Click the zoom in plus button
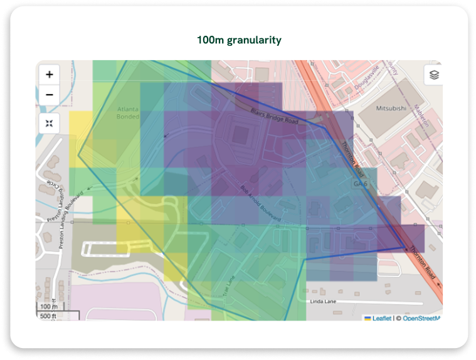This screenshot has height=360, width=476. point(50,75)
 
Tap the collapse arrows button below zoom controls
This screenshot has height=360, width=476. point(50,122)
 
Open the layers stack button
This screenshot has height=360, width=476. point(433,75)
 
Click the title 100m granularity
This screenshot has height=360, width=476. point(238,40)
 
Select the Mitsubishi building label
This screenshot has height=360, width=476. point(391,108)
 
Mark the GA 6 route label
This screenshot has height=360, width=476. point(359,184)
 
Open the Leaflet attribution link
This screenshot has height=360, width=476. point(382,318)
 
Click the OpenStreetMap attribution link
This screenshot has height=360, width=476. point(421,318)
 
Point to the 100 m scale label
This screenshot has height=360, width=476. point(48,307)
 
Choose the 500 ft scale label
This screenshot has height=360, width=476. point(48,316)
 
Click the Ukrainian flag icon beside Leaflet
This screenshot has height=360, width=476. point(368,318)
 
